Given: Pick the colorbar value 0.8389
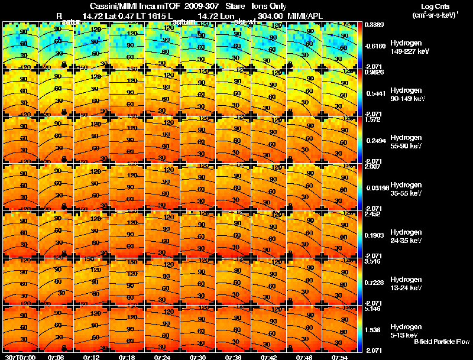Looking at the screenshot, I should point(373,24).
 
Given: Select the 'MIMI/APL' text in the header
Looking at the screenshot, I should point(304,15).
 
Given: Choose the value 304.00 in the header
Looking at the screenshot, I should point(270,15).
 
